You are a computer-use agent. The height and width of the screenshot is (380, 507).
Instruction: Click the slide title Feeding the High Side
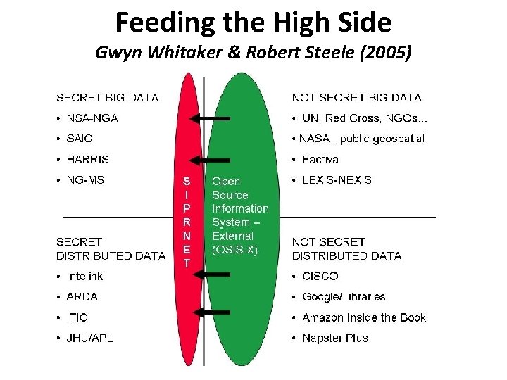[x=253, y=23]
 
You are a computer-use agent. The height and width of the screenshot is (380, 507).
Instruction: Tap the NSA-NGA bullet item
[x=92, y=118]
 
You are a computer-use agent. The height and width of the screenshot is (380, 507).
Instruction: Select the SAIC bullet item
[x=80, y=139]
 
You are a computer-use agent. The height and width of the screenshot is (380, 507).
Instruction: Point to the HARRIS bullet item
[x=87, y=159]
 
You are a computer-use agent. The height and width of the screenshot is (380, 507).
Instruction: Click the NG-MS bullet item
[x=85, y=179]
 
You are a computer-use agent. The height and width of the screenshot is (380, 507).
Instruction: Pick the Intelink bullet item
[x=84, y=276]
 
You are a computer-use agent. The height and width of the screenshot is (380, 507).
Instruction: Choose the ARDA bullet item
[x=82, y=296]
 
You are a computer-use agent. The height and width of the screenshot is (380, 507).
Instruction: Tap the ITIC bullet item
[x=77, y=317]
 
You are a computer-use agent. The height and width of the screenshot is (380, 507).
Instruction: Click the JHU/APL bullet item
[x=89, y=338]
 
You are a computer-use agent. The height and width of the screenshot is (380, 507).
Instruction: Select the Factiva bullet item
[x=320, y=159]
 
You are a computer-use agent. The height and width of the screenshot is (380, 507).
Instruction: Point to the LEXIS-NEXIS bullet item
[x=337, y=179]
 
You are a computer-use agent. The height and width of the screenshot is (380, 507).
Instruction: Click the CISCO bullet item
[x=320, y=276]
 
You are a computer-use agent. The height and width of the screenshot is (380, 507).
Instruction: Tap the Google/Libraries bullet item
[x=344, y=296]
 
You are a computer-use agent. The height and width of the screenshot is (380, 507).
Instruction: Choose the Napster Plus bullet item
[x=335, y=338]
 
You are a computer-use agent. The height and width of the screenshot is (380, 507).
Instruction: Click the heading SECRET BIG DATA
[x=107, y=97]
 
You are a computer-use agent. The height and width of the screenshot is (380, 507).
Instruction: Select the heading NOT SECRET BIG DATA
[x=356, y=97]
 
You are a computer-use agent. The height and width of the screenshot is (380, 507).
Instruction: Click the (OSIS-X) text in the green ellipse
[x=235, y=249]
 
